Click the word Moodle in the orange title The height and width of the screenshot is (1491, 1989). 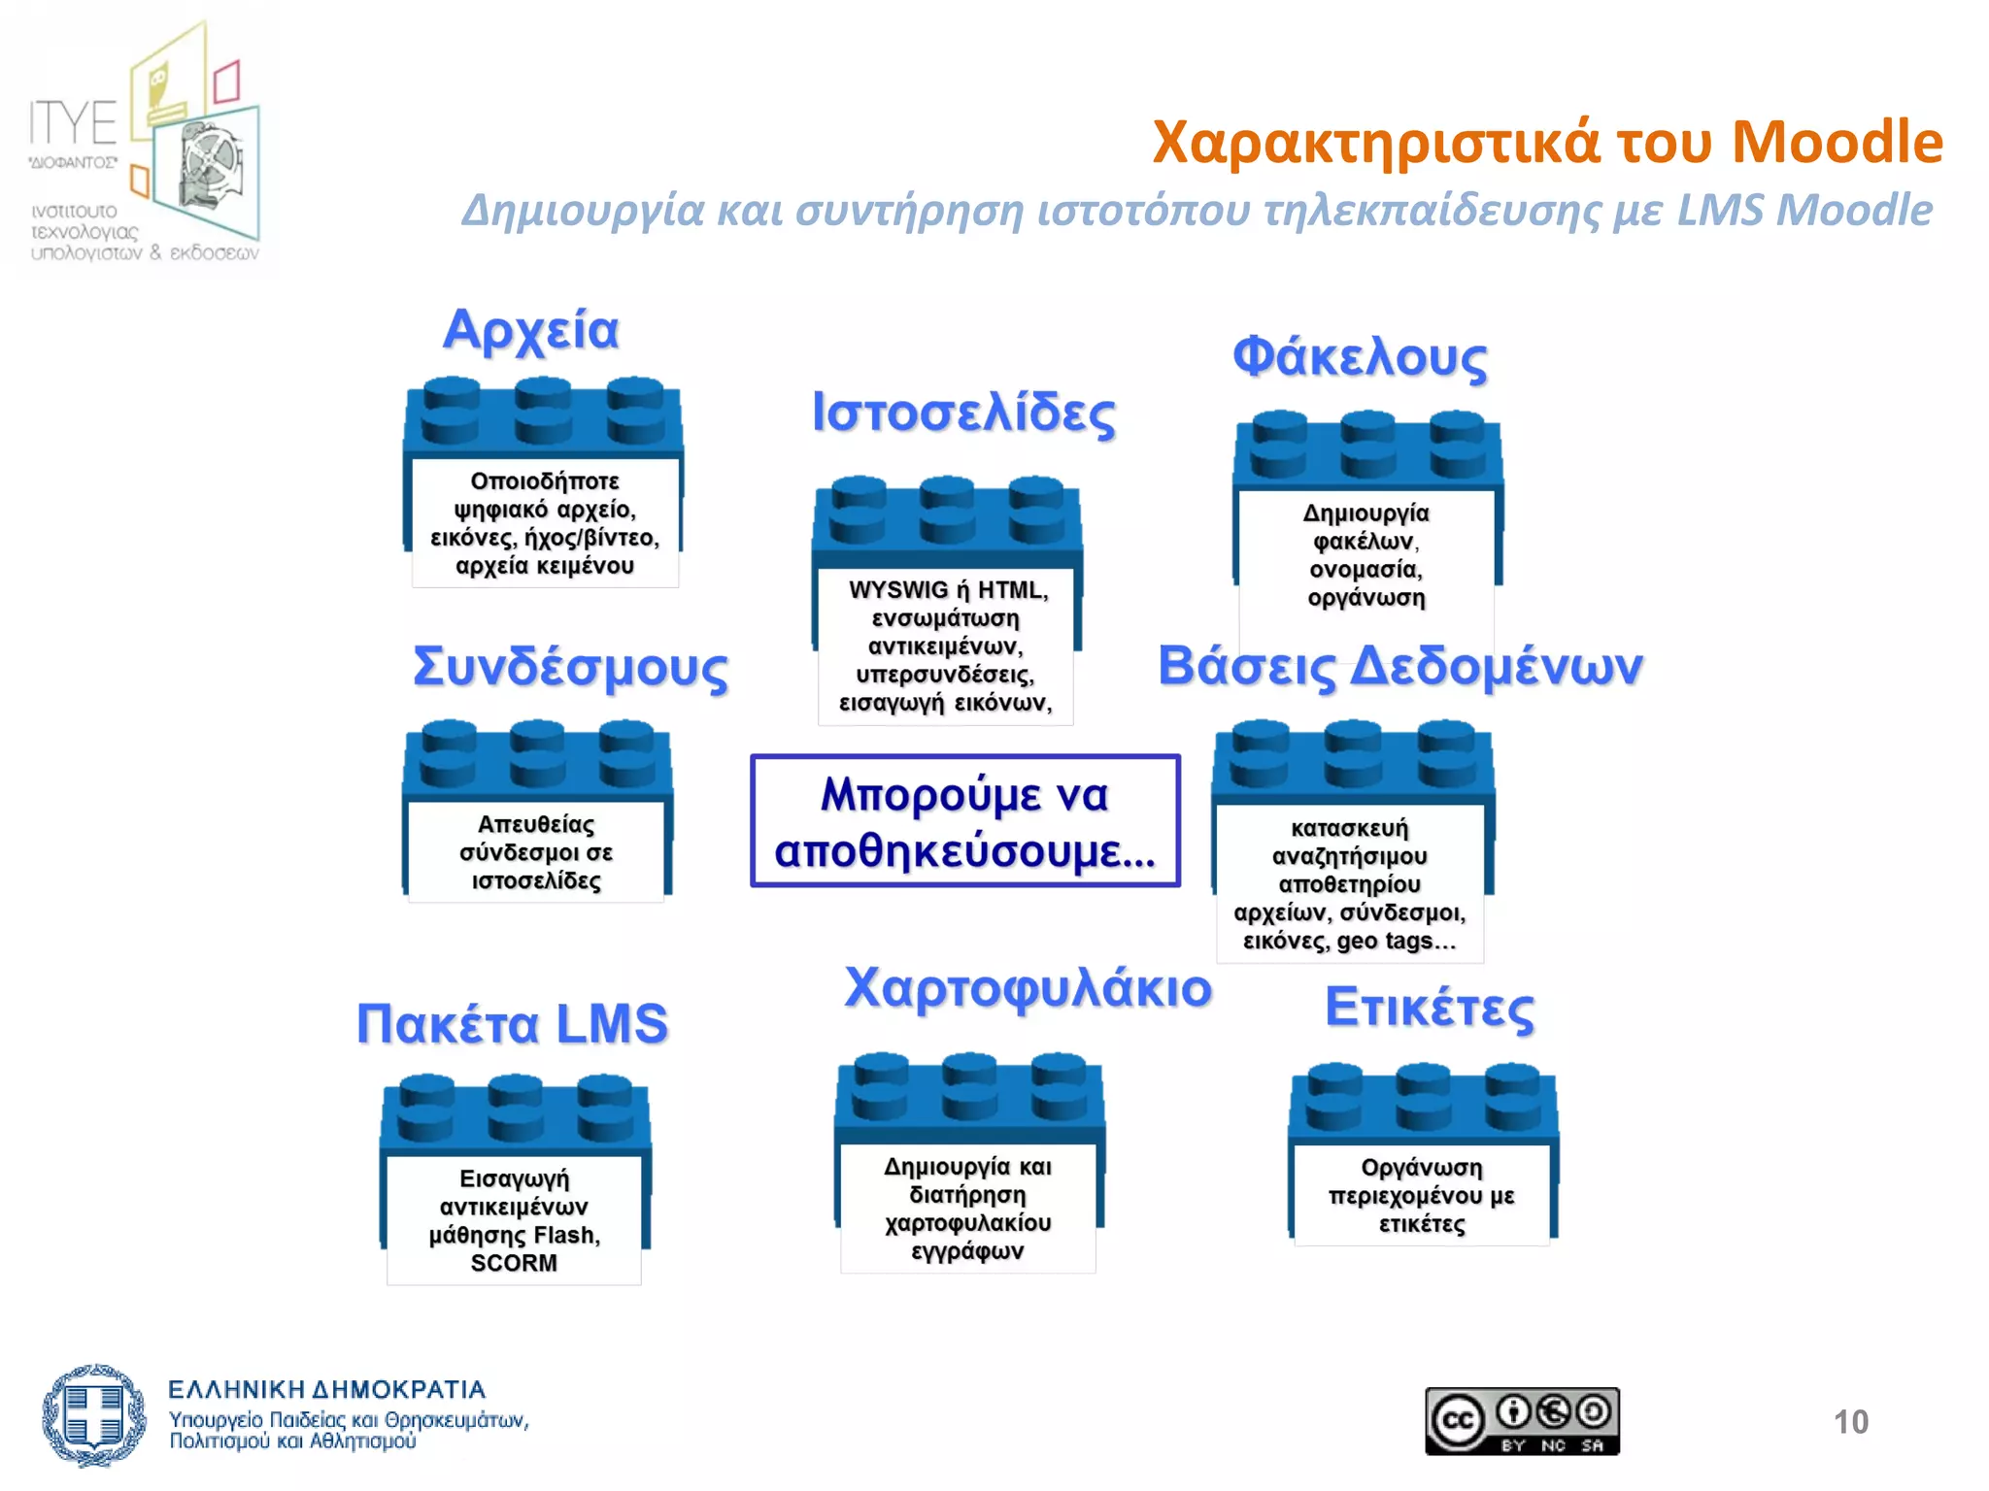pyautogui.click(x=1837, y=142)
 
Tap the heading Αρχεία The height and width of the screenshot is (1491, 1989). pyautogui.click(x=530, y=330)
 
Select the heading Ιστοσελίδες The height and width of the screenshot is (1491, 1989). pyautogui.click(x=963, y=413)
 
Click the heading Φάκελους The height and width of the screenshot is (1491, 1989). pyautogui.click(x=1360, y=357)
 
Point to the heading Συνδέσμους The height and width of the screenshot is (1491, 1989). pyautogui.click(x=570, y=668)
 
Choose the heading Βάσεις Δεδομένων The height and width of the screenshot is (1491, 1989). pyautogui.click(x=1399, y=667)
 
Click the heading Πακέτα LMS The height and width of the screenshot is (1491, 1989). pyautogui.click(x=513, y=1024)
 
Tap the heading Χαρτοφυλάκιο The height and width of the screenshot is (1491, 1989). pyautogui.click(x=1028, y=989)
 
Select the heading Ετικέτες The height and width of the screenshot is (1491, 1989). pyautogui.click(x=1430, y=1008)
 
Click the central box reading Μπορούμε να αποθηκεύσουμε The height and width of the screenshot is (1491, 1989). pyautogui.click(x=965, y=821)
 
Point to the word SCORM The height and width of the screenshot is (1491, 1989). pyautogui.click(x=514, y=1263)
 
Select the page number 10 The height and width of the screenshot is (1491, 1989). pyautogui.click(x=1850, y=1422)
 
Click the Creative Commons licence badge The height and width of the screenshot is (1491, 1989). pyautogui.click(x=1522, y=1421)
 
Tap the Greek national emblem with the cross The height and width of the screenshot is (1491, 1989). pyautogui.click(x=93, y=1415)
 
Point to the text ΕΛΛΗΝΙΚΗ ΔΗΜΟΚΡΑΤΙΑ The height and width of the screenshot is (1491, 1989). pyautogui.click(x=326, y=1390)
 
